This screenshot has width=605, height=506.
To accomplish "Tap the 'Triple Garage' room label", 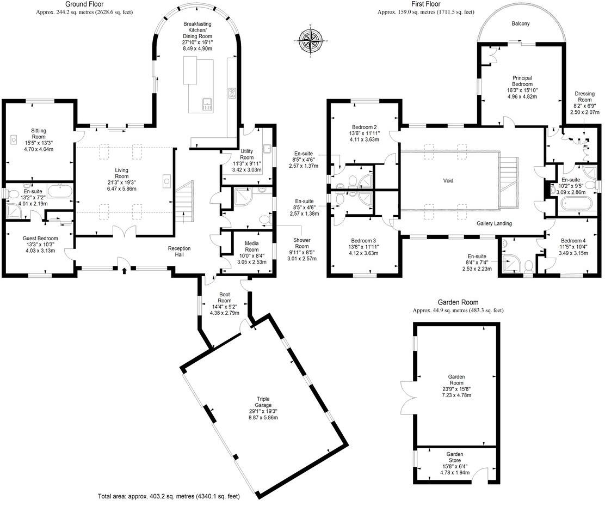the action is click(263, 402).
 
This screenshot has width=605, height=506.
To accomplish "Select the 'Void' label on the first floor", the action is click(448, 180).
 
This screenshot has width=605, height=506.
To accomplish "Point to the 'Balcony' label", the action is click(521, 23).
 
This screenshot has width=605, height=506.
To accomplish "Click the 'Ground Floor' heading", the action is click(84, 4).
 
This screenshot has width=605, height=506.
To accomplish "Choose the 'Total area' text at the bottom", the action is click(169, 496).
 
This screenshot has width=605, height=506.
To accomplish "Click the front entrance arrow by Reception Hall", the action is click(124, 270).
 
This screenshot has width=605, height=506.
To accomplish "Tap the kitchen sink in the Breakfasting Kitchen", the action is click(207, 105).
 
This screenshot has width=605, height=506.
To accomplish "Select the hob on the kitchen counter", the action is click(232, 93).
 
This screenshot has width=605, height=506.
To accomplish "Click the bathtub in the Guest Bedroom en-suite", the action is click(60, 191).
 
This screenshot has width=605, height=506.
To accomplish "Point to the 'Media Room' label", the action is click(251, 246).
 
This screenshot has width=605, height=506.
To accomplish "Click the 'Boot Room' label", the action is click(225, 297).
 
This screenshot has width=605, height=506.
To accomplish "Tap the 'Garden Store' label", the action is click(454, 458).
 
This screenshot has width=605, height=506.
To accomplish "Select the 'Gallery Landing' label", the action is click(494, 223).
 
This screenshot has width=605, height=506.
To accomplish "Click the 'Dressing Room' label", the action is click(584, 96).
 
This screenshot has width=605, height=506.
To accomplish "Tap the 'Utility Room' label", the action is click(247, 154).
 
